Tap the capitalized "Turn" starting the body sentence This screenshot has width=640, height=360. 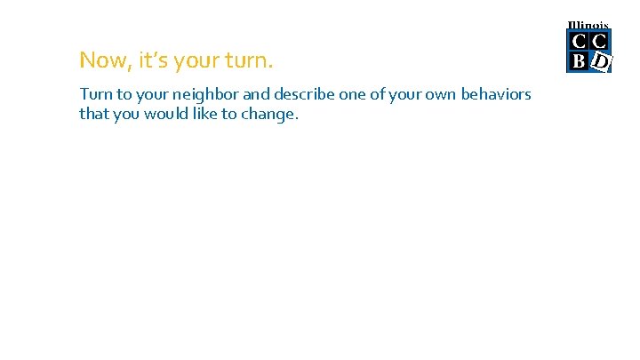[x=94, y=94]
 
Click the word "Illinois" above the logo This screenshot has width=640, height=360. [x=588, y=25]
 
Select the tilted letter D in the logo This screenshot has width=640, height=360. [x=601, y=61]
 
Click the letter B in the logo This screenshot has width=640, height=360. [x=578, y=61]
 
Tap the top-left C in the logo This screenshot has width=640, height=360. [x=578, y=41]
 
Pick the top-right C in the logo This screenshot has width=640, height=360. [x=599, y=41]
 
